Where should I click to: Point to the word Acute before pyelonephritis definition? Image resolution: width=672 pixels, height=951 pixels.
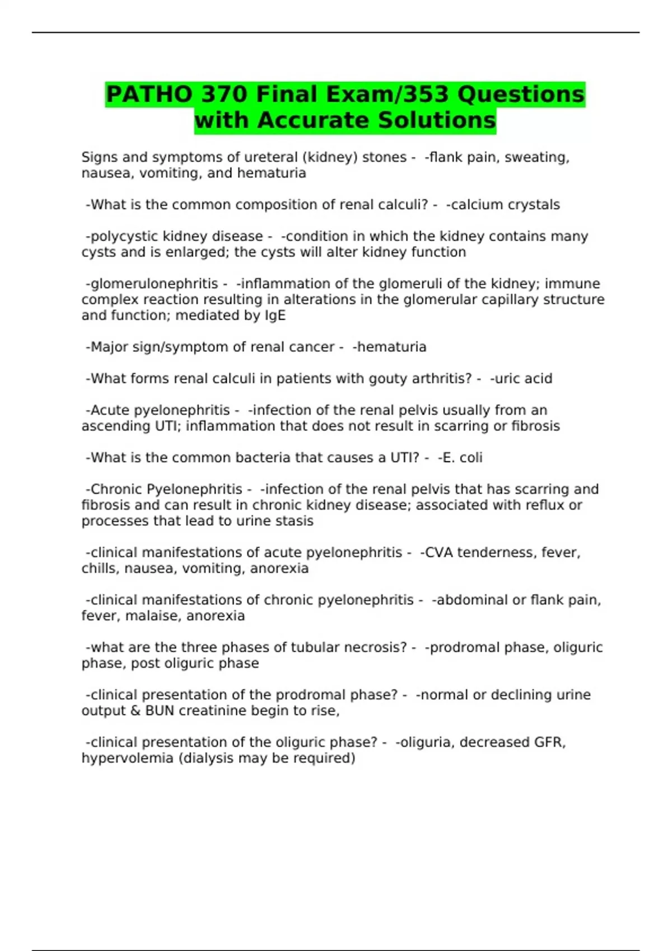(110, 410)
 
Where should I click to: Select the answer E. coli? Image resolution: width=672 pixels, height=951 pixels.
(463, 458)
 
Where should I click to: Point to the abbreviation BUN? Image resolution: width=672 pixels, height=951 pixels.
(160, 711)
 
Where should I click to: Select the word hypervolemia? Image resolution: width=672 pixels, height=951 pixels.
(127, 759)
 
